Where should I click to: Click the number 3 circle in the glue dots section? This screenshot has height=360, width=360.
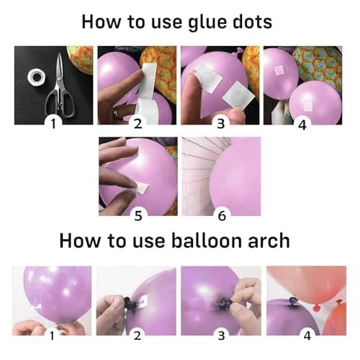click(x=220, y=123)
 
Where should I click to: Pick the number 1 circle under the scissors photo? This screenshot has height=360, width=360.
click(x=53, y=123)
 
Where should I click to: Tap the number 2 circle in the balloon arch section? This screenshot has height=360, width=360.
click(x=137, y=335)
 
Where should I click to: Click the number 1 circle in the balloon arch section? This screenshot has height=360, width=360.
click(x=53, y=335)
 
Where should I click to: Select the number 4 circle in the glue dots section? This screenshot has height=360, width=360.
click(x=303, y=123)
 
